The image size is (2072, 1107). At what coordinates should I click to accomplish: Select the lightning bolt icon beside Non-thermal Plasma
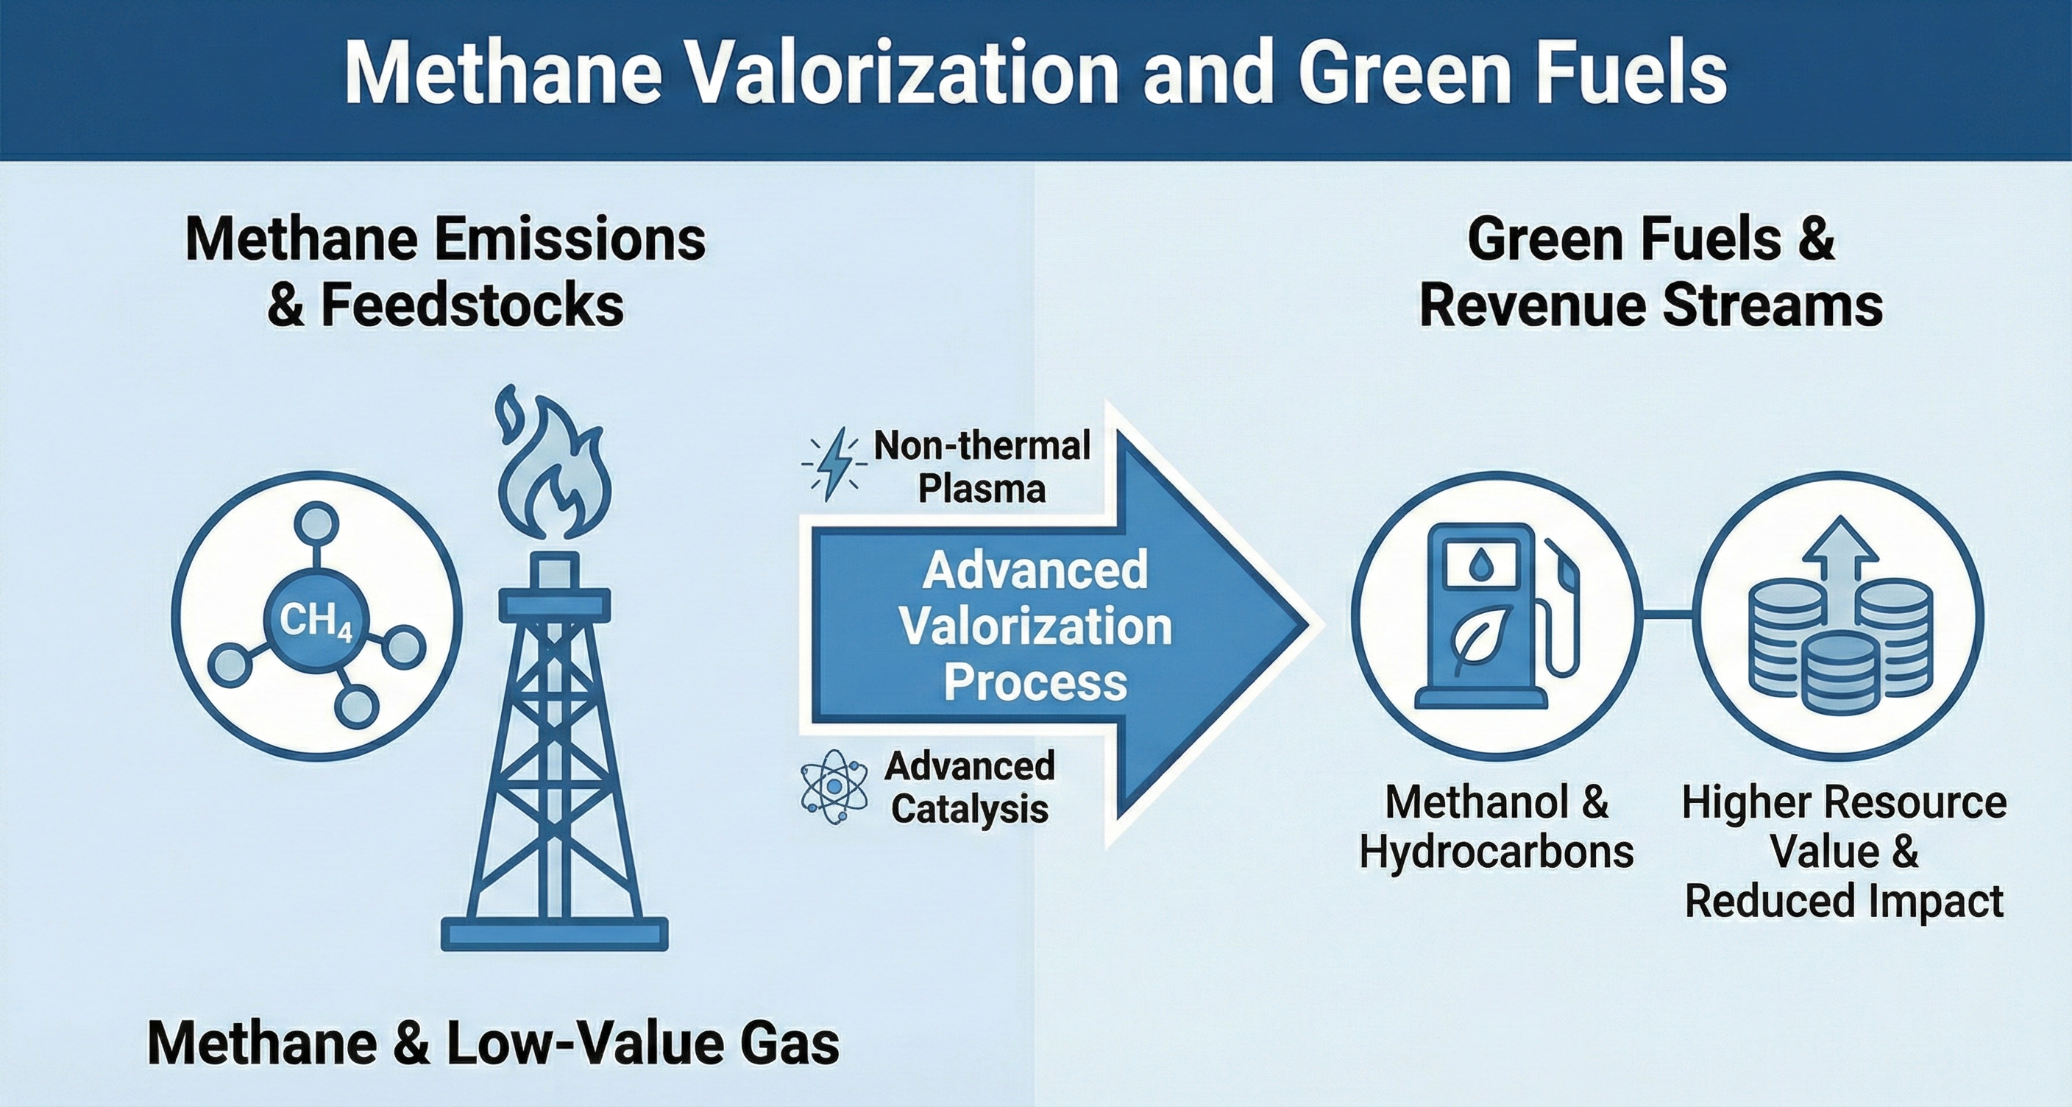point(834,464)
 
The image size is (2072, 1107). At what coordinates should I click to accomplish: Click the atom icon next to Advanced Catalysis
point(834,786)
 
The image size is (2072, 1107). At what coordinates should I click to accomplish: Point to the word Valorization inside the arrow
point(1035,626)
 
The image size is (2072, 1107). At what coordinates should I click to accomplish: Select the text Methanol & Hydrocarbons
point(1496,827)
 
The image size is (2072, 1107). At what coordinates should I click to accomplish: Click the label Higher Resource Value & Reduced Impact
point(1844,852)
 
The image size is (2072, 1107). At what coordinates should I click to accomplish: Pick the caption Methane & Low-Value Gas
point(493,1044)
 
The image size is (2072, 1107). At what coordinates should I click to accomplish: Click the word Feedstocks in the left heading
point(472,305)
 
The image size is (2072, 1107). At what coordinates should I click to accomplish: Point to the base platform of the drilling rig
point(554,933)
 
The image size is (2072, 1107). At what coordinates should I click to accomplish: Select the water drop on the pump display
point(1480,565)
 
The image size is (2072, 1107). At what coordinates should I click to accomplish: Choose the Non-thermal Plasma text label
point(982,467)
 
